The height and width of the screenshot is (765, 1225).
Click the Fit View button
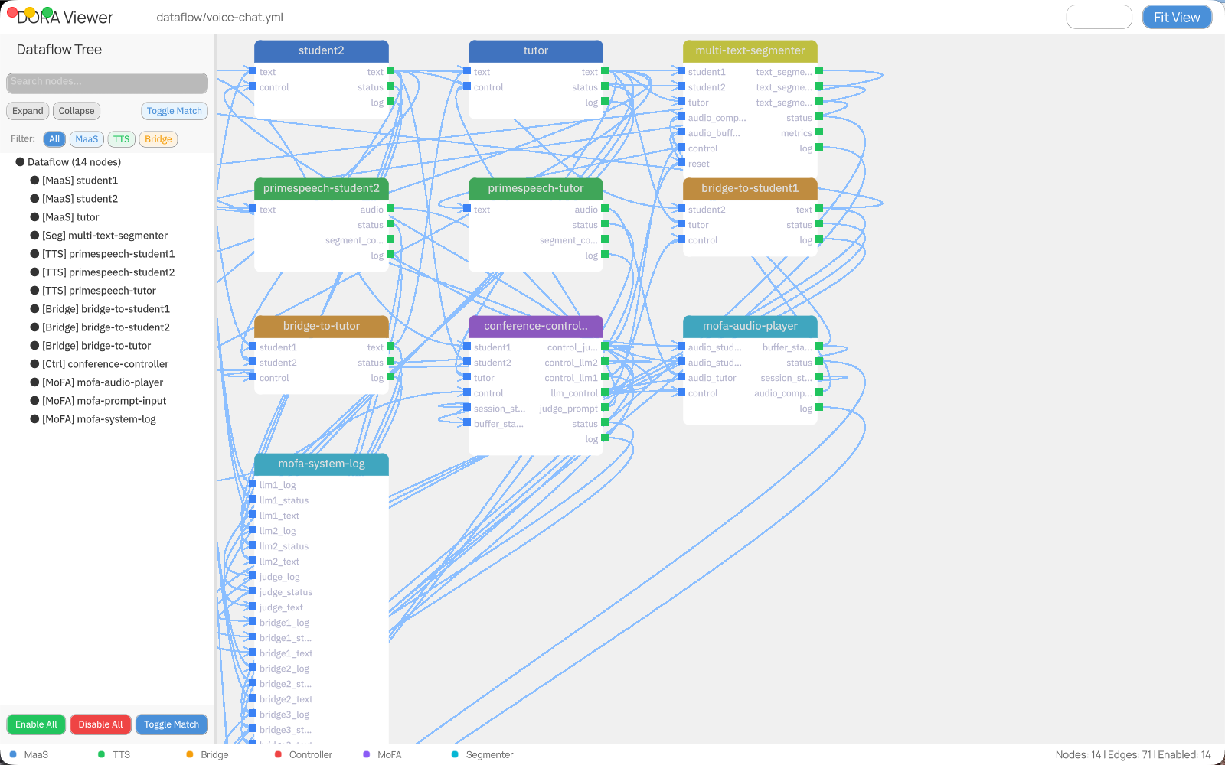[x=1176, y=17]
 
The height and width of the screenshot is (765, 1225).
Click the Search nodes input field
[x=107, y=82]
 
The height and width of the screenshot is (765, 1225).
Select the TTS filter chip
[x=121, y=139]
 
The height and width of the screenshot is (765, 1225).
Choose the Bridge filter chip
[x=158, y=139]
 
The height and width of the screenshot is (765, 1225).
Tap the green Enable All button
[x=36, y=724]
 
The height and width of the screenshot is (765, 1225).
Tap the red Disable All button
[x=100, y=724]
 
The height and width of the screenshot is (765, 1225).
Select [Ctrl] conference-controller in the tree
[x=105, y=364]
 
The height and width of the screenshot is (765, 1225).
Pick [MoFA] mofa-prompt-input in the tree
[x=103, y=401]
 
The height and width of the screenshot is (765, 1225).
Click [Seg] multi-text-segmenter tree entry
[x=104, y=236]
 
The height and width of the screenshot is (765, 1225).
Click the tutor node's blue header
[x=535, y=50]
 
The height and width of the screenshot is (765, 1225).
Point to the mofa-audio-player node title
[x=750, y=326]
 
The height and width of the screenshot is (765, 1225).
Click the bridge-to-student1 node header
[x=750, y=188]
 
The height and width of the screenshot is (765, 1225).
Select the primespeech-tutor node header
[x=535, y=188]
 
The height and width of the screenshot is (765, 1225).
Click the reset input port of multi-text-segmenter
[x=681, y=163]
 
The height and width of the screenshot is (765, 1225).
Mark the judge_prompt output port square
[x=605, y=408]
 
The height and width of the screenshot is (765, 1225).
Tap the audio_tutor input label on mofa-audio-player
[x=711, y=378]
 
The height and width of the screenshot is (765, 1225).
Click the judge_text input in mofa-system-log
[x=281, y=607]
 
